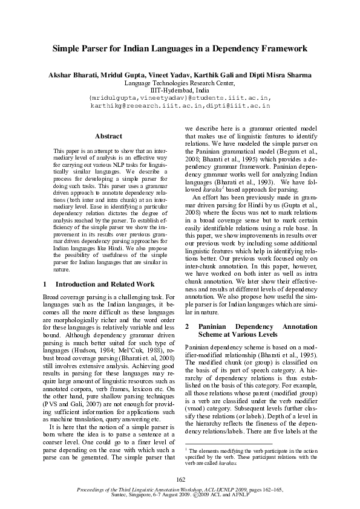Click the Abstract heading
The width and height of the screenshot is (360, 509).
109,137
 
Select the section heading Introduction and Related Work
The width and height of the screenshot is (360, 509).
105,284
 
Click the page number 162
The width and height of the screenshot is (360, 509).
180,480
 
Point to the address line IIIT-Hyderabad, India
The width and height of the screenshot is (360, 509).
180,89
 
